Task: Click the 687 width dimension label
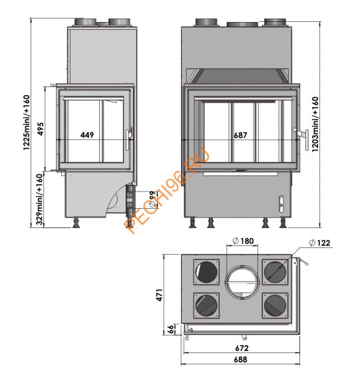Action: [240, 135]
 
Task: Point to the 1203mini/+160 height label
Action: [315, 125]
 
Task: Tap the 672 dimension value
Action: [241, 347]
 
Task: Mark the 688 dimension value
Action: [241, 360]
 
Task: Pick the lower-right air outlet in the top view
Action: [275, 305]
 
